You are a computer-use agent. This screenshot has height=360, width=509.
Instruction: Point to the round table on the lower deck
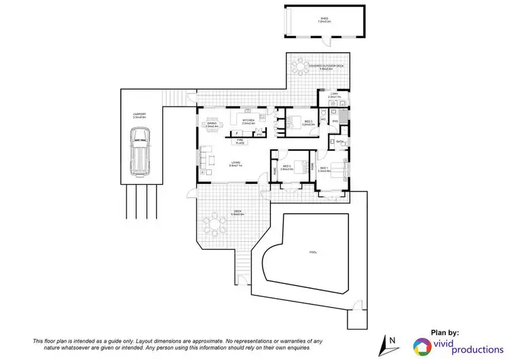click(x=216, y=223)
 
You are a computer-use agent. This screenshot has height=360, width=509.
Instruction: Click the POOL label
click(x=313, y=251)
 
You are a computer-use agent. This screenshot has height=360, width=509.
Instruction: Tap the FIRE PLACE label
click(x=240, y=142)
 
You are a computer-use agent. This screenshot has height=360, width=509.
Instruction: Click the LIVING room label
click(x=235, y=163)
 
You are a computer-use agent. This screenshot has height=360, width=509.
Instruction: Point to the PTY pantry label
click(x=259, y=134)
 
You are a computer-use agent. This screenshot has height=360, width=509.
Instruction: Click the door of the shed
click(x=286, y=26)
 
